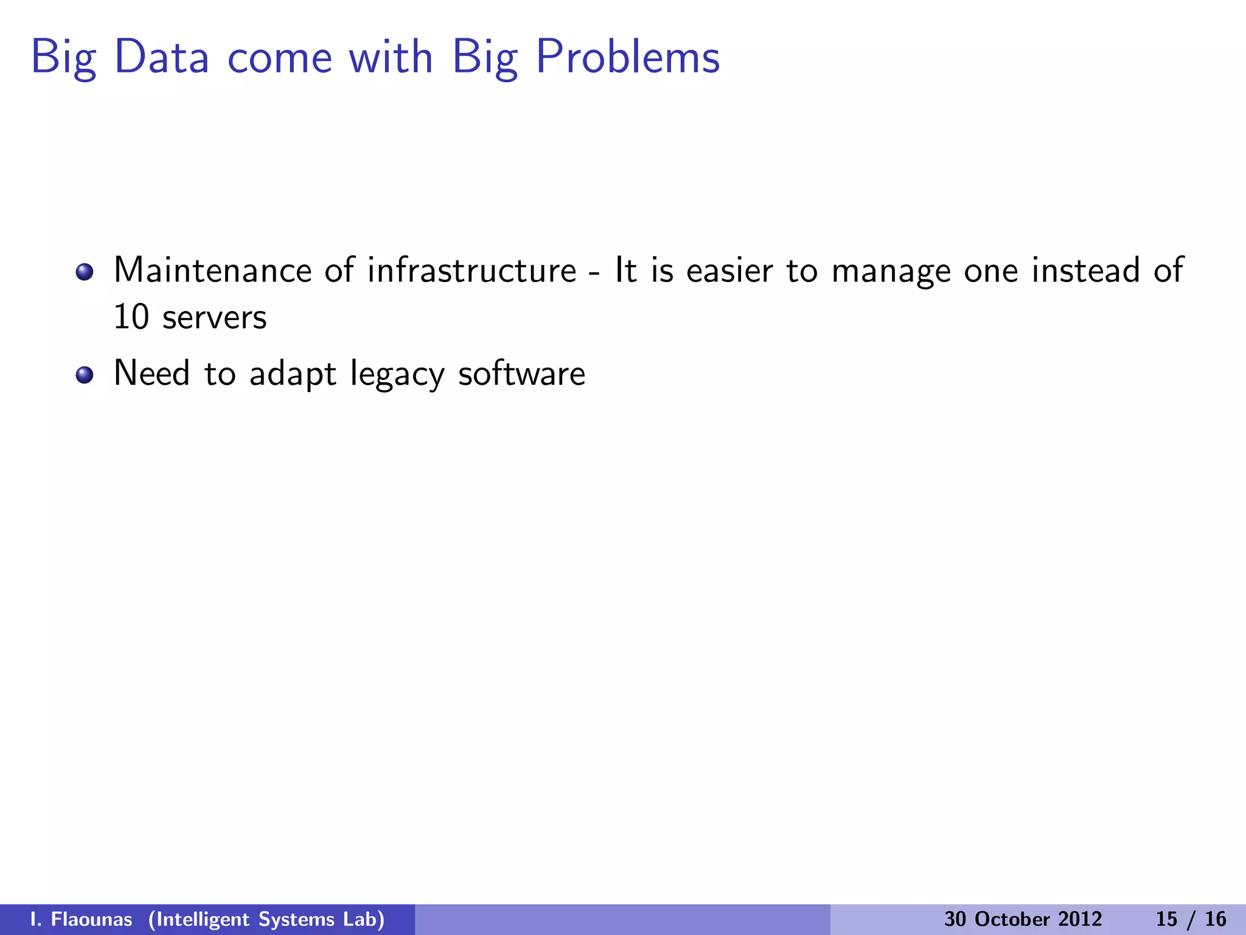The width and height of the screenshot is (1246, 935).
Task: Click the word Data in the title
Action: (161, 57)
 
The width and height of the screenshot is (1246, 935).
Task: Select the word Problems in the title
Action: (627, 57)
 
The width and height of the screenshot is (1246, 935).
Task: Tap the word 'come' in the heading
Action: (279, 58)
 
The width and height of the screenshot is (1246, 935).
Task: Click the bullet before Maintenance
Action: (85, 271)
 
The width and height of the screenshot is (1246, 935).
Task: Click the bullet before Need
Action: (85, 375)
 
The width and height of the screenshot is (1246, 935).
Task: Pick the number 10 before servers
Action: (131, 318)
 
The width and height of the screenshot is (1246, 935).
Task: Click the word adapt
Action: (292, 375)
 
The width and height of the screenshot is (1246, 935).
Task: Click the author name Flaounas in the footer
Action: (91, 919)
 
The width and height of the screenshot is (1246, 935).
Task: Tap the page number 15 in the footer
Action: (1167, 919)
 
